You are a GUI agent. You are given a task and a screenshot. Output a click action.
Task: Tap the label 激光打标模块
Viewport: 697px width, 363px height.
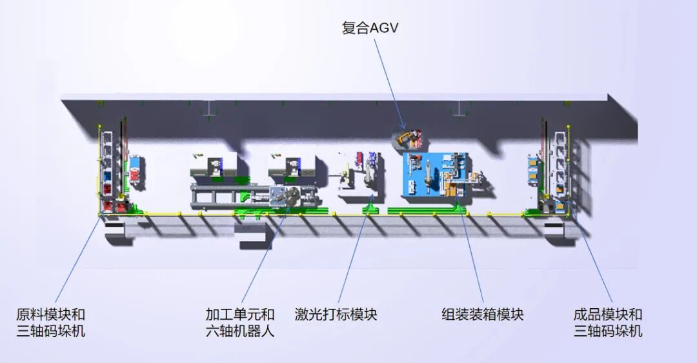(x=336, y=315)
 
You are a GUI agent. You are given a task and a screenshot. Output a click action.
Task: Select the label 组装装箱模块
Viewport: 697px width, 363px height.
(x=482, y=315)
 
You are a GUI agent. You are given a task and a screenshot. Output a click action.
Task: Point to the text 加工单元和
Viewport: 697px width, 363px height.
(x=240, y=315)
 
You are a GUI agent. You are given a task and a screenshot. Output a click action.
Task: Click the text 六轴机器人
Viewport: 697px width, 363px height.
(x=240, y=331)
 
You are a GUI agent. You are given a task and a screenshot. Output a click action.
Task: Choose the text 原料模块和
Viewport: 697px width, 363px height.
(x=50, y=315)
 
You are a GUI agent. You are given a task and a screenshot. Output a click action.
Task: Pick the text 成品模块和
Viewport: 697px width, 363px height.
(x=608, y=315)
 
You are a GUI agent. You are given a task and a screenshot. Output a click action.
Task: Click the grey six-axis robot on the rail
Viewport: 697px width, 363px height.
(x=284, y=197)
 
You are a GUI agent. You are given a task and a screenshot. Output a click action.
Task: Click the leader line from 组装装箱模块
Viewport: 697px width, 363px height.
(x=472, y=258)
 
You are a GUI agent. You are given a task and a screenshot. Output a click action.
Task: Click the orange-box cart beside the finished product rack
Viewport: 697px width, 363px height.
(x=534, y=170)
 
